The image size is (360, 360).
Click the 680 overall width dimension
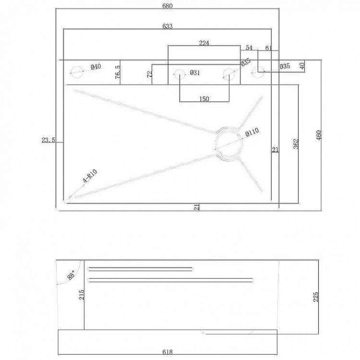(x=167, y=6)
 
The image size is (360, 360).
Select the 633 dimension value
(x=167, y=26)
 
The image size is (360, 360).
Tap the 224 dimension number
(x=204, y=43)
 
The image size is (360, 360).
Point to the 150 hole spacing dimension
(x=204, y=99)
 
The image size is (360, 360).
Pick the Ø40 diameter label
(x=95, y=67)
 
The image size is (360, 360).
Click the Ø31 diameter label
(x=194, y=73)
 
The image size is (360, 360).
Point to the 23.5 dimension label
(x=48, y=140)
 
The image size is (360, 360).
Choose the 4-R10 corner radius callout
(x=90, y=178)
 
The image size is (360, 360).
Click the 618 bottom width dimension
(x=167, y=351)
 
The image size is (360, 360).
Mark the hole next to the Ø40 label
(x=76, y=72)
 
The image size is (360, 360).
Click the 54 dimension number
(x=249, y=48)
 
